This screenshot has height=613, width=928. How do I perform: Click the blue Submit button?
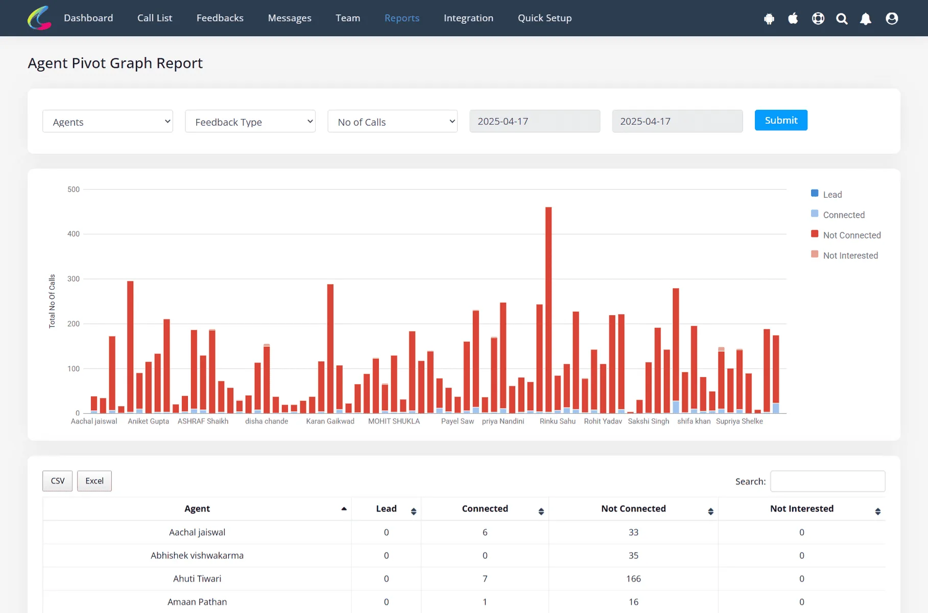coord(781,120)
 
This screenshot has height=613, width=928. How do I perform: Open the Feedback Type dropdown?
coord(250,122)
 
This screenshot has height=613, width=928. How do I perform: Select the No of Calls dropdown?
coord(393,122)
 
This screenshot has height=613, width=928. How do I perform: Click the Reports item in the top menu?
coord(402,18)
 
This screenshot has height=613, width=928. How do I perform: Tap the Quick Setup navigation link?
coord(545,18)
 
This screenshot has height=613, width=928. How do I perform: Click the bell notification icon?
coord(866,19)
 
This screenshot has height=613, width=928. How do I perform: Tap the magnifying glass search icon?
coord(842,19)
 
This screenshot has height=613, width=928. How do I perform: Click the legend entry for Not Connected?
coord(846,235)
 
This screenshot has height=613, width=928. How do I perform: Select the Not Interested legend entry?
coord(844,255)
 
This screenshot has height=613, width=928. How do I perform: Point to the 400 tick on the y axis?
coord(74,234)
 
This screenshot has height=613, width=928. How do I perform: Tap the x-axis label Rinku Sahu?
coord(558,421)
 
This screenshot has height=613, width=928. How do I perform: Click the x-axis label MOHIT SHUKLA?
coord(394,421)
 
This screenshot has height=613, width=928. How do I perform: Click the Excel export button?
coord(94,481)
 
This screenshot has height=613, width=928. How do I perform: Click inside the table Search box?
coord(827,481)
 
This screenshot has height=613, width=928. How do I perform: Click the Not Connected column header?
coord(633,509)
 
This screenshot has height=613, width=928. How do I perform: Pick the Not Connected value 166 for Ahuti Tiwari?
coord(633,579)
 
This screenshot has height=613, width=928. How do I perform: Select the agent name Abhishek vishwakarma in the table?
coord(197,555)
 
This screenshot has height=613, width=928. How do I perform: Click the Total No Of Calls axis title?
coord(52,301)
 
